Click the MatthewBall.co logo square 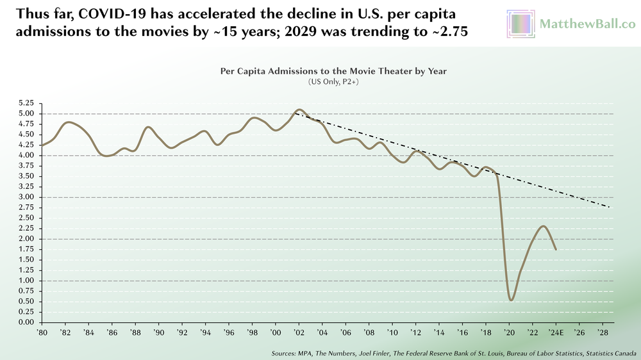point(520,24)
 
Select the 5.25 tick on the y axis point(25,103)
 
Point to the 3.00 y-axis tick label point(25,197)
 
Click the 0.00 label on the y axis point(25,322)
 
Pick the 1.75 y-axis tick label point(25,249)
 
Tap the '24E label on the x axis point(556,333)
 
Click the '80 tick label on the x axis point(42,333)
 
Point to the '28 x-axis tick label point(603,333)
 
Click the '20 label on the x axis point(510,333)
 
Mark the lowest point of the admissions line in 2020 point(511,300)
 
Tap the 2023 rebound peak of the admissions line point(544,225)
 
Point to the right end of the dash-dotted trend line point(609,208)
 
